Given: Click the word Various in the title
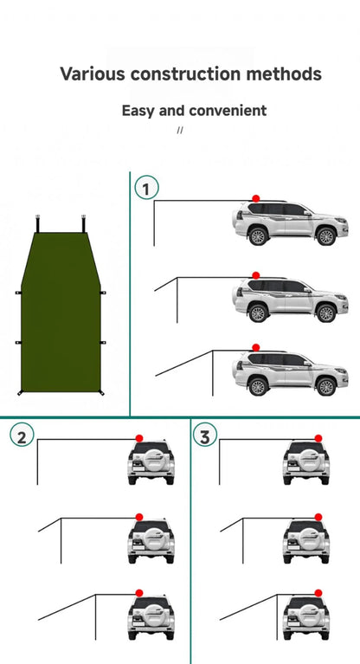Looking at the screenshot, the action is pos(93,74).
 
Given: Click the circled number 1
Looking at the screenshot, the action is pos(146,188).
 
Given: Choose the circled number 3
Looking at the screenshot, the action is pos(205,435).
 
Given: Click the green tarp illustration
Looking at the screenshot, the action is pos(61,313).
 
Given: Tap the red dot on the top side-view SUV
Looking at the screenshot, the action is pos(256,198).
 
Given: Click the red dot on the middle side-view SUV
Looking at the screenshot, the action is pos(256,275).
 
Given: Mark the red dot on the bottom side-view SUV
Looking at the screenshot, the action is pos(256,348).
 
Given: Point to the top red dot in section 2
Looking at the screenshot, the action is pos(139,438).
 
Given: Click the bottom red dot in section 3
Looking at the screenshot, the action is pos(318,593).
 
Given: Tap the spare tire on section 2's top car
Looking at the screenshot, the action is pos(151,461).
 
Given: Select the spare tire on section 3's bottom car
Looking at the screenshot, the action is pos(306,616).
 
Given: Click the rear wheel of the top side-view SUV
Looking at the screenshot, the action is pos(258,235).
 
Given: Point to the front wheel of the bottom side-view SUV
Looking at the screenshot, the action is pos(326,386).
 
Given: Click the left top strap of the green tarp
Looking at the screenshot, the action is pos(38,223).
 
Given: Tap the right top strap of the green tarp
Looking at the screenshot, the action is pos(83,223).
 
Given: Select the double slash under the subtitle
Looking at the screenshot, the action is pos(180,130).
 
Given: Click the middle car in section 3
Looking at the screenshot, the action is pos(306,541).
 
